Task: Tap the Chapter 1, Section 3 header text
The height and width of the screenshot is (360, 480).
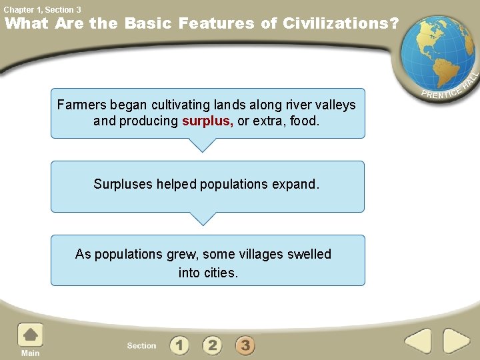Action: tap(42, 9)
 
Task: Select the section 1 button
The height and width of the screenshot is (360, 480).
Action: tap(179, 345)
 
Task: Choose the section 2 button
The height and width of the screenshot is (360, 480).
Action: tap(212, 345)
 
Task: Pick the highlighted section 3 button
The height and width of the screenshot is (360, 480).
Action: tap(245, 345)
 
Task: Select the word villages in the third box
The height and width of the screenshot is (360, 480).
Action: tap(261, 254)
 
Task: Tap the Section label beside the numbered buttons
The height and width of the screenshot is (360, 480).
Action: tap(141, 345)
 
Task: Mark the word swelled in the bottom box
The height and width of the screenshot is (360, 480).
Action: tap(309, 254)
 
